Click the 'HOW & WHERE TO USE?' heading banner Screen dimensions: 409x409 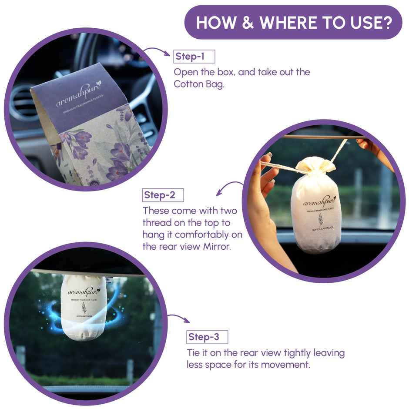pos(293,23)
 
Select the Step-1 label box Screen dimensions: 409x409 pos(194,57)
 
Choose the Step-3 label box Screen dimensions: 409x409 pos(207,337)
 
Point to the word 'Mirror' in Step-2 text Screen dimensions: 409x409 pos(211,246)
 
